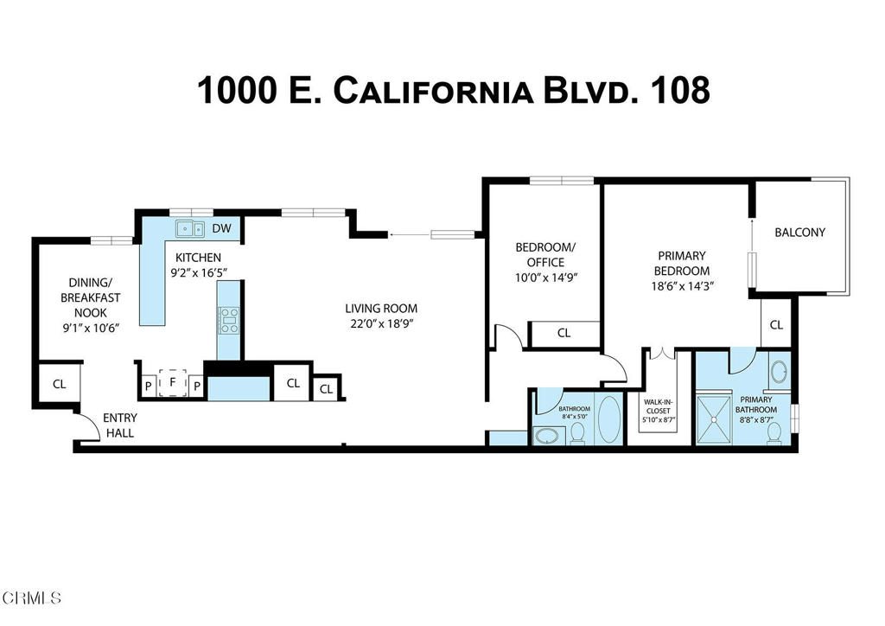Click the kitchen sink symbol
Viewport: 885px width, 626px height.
(188, 229)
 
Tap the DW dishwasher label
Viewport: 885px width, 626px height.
(221, 229)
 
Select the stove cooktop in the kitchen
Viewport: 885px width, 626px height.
(229, 320)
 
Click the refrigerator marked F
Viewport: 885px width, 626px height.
(173, 381)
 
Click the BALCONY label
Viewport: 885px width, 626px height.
(799, 232)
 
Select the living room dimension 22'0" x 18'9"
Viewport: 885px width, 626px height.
(381, 324)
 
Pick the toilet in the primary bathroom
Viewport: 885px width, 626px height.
(774, 431)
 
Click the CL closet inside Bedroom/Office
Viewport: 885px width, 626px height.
(563, 333)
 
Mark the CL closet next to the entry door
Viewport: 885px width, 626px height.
(59, 384)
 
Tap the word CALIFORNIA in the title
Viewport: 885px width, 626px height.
(432, 91)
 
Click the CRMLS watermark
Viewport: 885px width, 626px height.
(32, 597)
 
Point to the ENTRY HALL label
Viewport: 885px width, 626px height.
(119, 425)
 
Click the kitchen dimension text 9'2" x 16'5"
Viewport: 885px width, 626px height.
(198, 272)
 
